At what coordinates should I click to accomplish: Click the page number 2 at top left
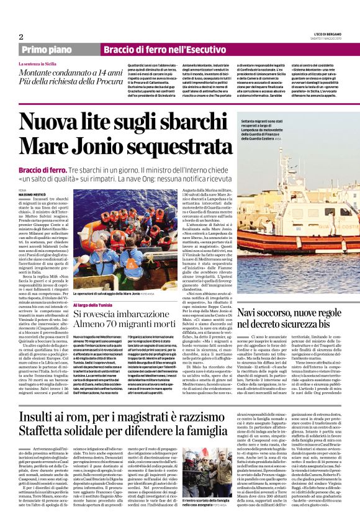coord(21,37)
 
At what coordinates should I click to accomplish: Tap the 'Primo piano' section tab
coord(47,49)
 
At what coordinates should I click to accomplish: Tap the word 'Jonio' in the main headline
coord(92,144)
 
